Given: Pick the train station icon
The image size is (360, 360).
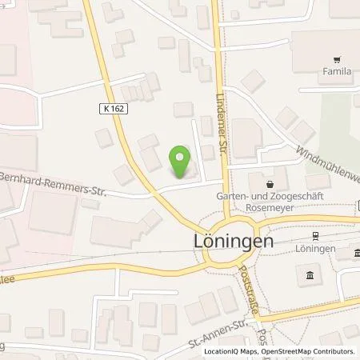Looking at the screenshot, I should click(x=314, y=237).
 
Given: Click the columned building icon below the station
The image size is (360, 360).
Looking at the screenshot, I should click(x=310, y=276).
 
